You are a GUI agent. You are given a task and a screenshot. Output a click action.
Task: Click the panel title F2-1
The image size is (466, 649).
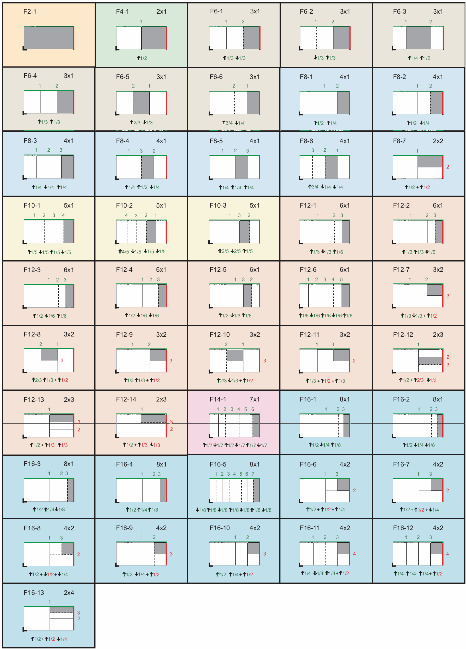pos(30,12)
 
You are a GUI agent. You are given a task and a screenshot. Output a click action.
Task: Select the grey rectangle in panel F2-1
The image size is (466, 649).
pos(49,38)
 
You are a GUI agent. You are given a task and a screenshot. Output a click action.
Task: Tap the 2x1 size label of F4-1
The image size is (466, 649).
pos(161,12)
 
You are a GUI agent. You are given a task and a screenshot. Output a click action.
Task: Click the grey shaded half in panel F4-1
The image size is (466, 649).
pos(154,38)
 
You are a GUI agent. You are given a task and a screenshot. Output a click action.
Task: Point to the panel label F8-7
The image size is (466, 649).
pos(399,141)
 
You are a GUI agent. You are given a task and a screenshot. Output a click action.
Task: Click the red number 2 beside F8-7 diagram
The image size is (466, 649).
pos(448,167)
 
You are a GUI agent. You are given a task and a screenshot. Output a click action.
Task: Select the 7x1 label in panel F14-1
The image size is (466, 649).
pos(255,399)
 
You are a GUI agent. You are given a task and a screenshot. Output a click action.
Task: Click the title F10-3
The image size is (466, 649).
pos(218,206)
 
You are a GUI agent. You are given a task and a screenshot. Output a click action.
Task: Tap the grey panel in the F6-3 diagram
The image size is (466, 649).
pos(418,38)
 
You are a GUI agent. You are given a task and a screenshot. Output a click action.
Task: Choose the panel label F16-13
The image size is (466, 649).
pos(34,593)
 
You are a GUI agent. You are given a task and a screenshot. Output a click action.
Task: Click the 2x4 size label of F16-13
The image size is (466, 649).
pos(69,593)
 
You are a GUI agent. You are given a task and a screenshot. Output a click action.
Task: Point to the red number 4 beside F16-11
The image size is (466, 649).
pos(354,554)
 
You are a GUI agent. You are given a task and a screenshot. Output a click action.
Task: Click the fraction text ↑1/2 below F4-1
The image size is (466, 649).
pos(142,58)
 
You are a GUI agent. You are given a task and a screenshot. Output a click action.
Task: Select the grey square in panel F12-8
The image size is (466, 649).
pos(49,355)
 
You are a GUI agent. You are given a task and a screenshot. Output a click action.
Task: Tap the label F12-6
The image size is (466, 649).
pos(308,269)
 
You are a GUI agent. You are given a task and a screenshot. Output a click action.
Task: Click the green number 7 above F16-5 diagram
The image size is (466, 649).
pos(253,474)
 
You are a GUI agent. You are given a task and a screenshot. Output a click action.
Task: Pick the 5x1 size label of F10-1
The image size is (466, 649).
pos(69,206)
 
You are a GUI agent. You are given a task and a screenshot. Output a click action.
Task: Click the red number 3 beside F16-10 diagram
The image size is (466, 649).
pos(264,554)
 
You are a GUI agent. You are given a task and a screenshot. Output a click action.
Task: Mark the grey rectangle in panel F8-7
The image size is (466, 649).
pos(430,161)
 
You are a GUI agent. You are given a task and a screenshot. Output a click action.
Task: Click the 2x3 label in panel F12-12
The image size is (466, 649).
pos(438,334)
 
